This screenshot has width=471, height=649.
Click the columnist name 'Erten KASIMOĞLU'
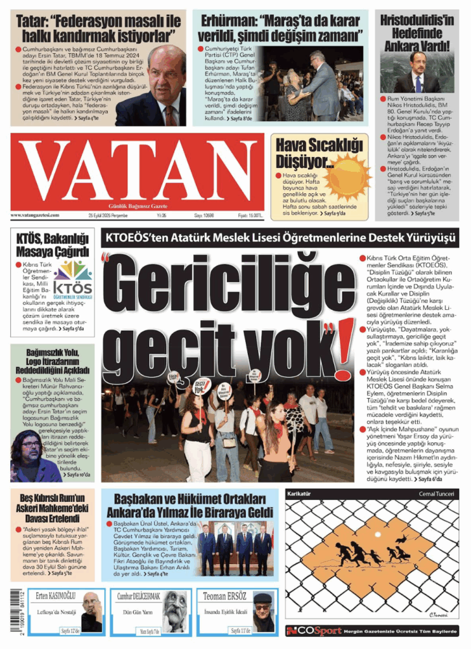click(x=56, y=596)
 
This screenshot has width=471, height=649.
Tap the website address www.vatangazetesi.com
click(x=35, y=215)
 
